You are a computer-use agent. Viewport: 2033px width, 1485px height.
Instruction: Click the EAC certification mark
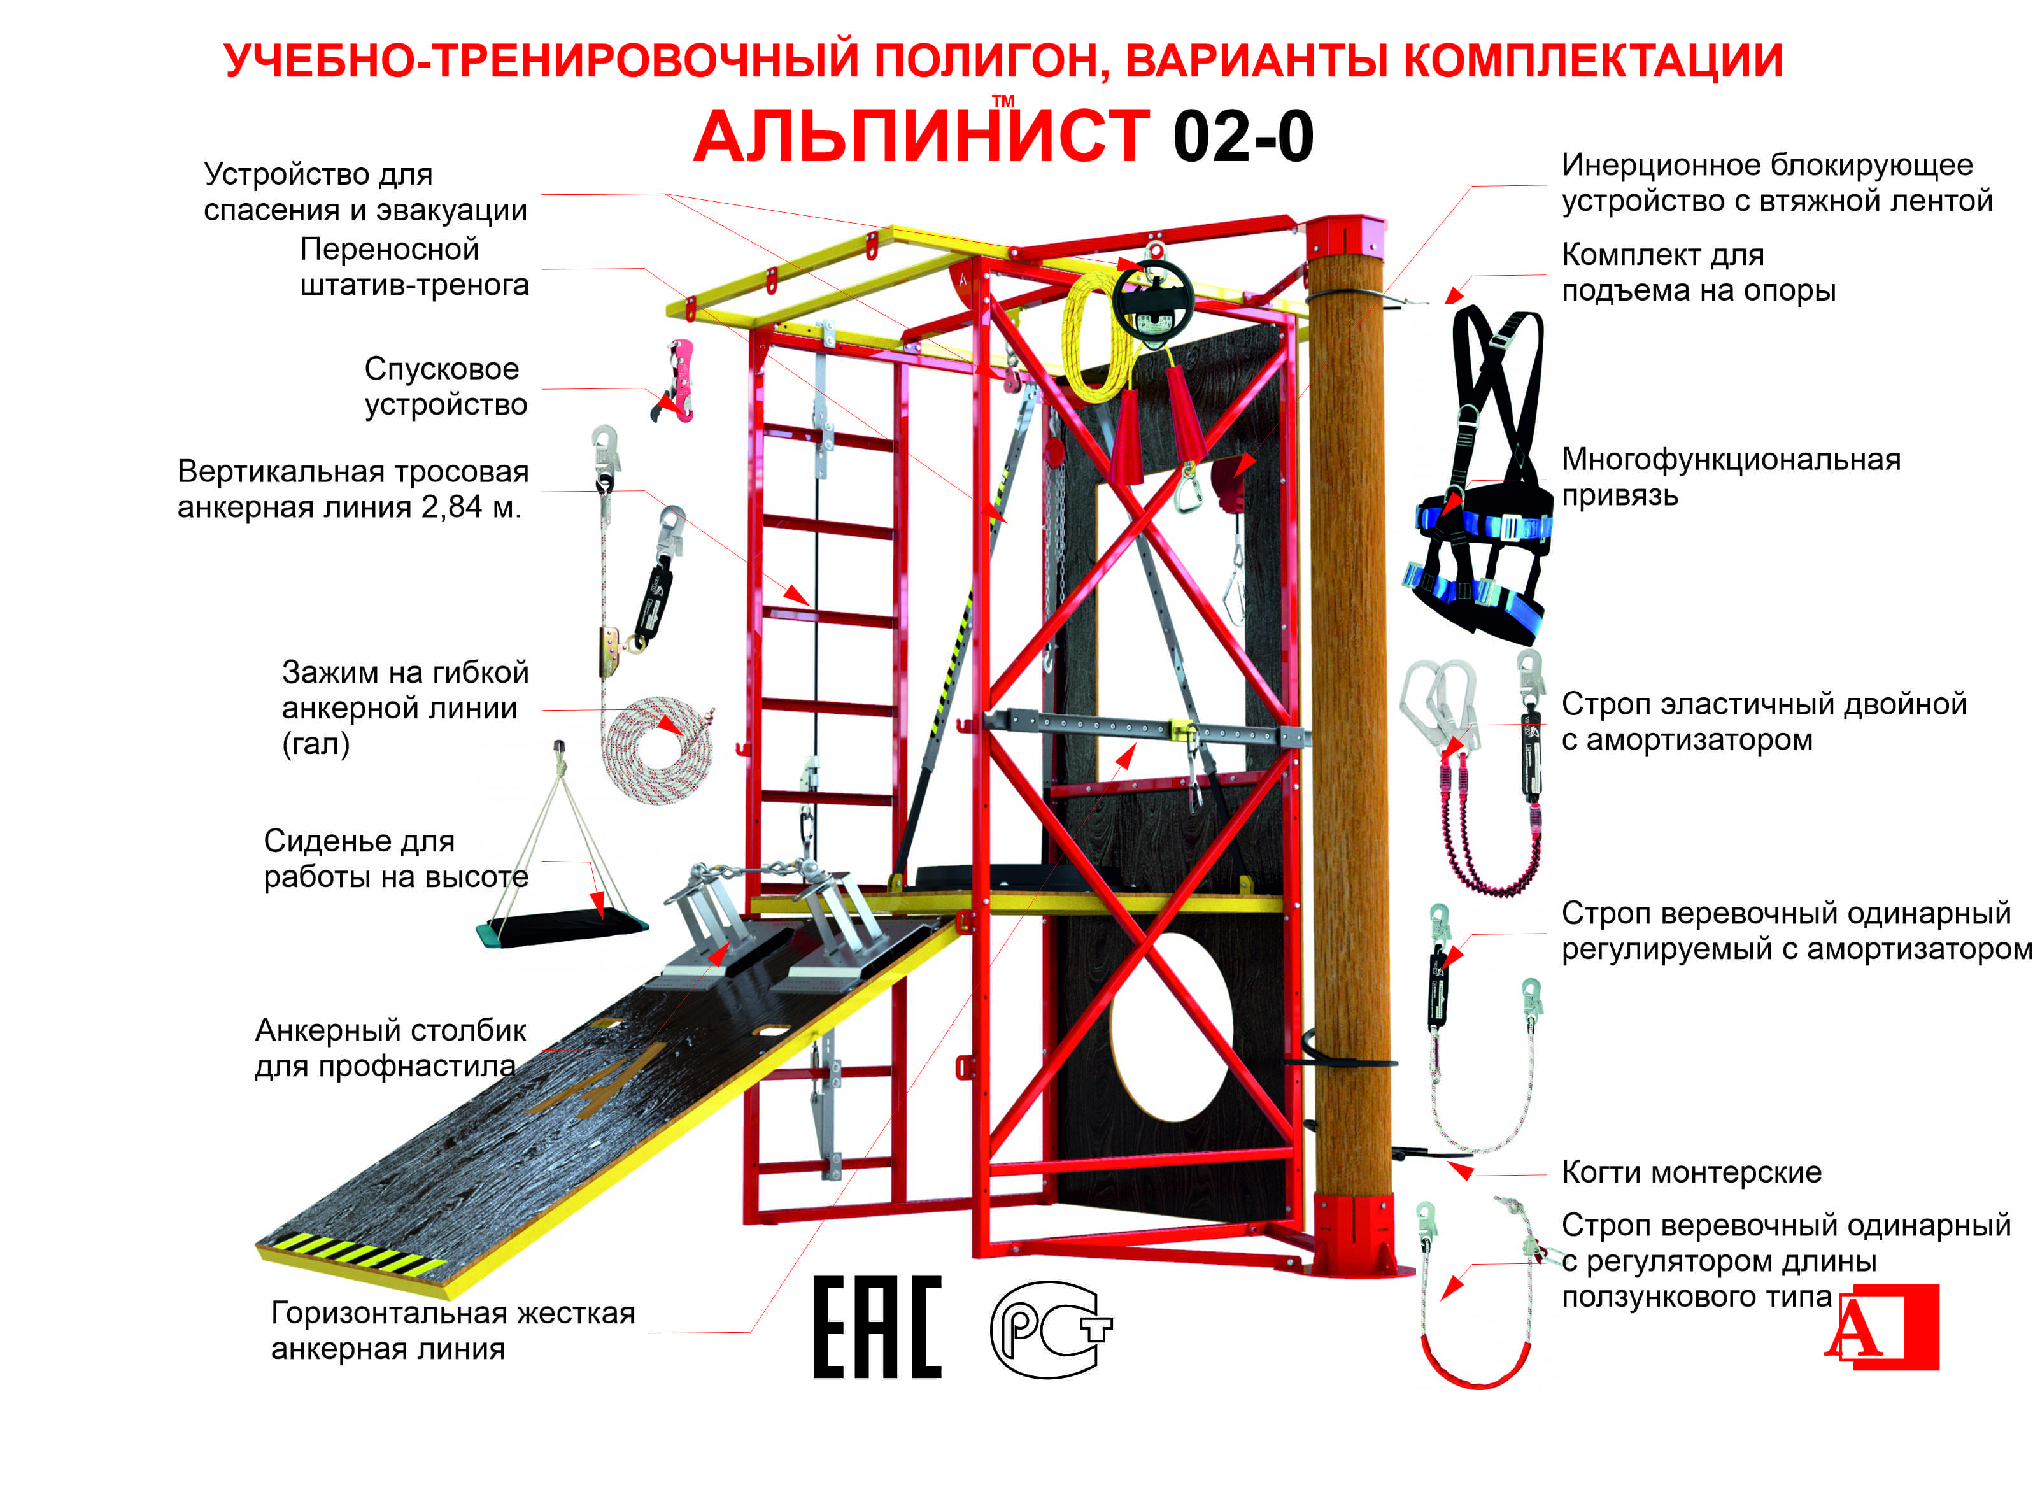tap(876, 1327)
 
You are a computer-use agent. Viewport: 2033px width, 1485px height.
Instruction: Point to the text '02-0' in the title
tap(1242, 138)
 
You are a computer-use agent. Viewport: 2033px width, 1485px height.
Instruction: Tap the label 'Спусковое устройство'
tap(445, 387)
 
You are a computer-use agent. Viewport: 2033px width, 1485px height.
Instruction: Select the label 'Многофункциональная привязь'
tap(1729, 478)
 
